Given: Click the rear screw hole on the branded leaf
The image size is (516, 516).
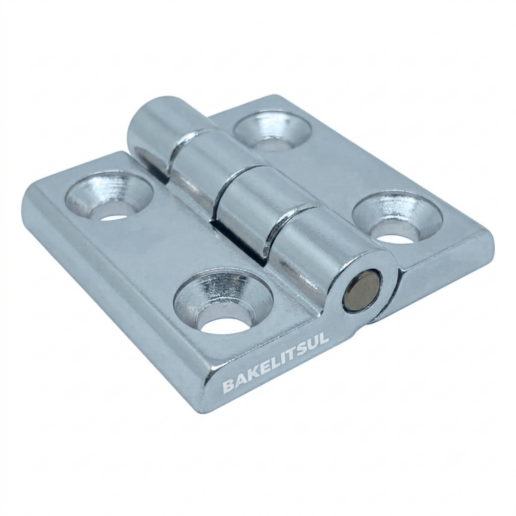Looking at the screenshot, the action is click(110, 199).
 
